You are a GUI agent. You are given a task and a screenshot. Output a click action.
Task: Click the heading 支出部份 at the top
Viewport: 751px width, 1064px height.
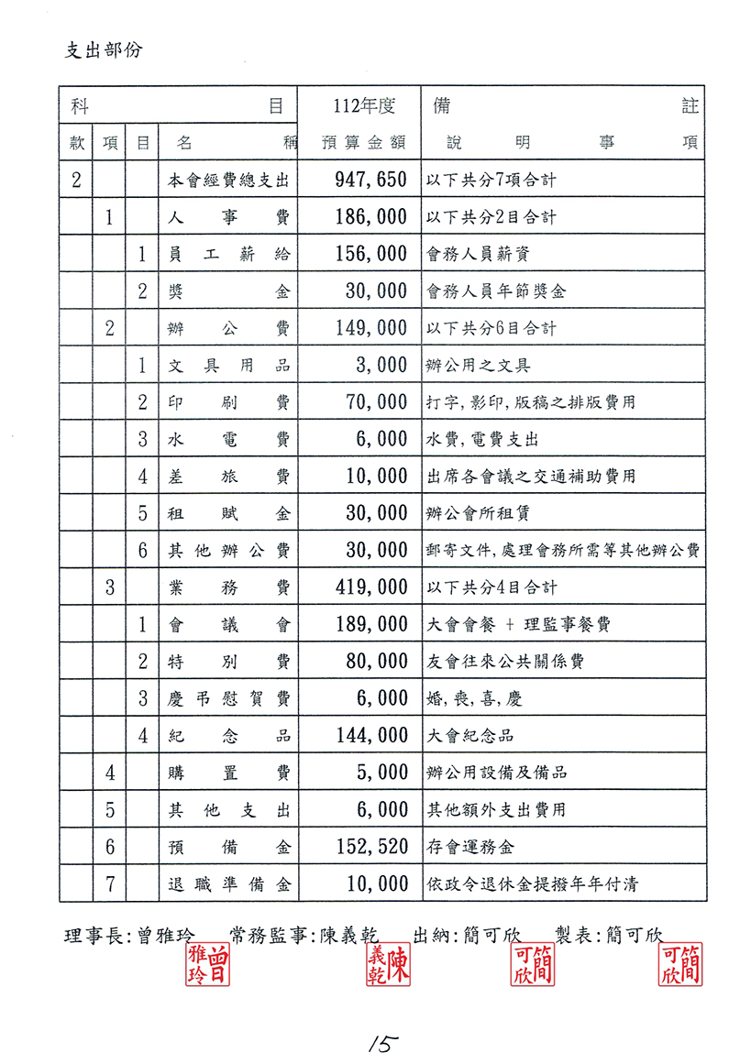pyautogui.click(x=104, y=49)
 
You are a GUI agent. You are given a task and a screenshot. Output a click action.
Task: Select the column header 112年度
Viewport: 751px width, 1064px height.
pyautogui.click(x=364, y=106)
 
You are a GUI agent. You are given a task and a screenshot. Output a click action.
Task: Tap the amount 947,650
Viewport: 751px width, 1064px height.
pyautogui.click(x=364, y=180)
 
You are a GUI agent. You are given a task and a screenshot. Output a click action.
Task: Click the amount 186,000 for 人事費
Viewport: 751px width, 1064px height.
pyautogui.click(x=364, y=217)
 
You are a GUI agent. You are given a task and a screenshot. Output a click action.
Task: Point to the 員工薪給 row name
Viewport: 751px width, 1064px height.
pyautogui.click(x=228, y=255)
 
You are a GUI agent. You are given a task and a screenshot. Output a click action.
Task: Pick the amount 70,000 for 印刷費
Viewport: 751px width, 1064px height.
pyautogui.click(x=376, y=402)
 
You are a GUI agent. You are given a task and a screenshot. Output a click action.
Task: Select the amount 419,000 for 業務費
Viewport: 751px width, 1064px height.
pyautogui.click(x=364, y=587)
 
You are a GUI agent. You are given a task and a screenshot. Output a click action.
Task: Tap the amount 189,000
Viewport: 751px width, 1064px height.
pyautogui.click(x=364, y=624)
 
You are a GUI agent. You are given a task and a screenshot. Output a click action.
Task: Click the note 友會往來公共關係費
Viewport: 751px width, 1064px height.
pyautogui.click(x=505, y=661)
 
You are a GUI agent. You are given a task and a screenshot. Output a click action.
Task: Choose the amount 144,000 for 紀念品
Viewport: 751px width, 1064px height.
pyautogui.click(x=364, y=735)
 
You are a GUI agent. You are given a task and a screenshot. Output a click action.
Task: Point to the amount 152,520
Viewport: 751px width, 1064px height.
pyautogui.click(x=364, y=846)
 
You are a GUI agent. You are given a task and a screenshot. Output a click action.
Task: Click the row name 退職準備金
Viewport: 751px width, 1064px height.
pyautogui.click(x=228, y=884)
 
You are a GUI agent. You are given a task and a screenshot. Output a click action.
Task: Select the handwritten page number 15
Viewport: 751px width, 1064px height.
pyautogui.click(x=379, y=1042)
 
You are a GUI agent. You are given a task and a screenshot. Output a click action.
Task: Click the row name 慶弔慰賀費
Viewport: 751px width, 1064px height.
pyautogui.click(x=228, y=698)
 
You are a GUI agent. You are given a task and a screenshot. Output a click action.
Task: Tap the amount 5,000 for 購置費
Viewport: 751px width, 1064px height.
pyautogui.click(x=381, y=773)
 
